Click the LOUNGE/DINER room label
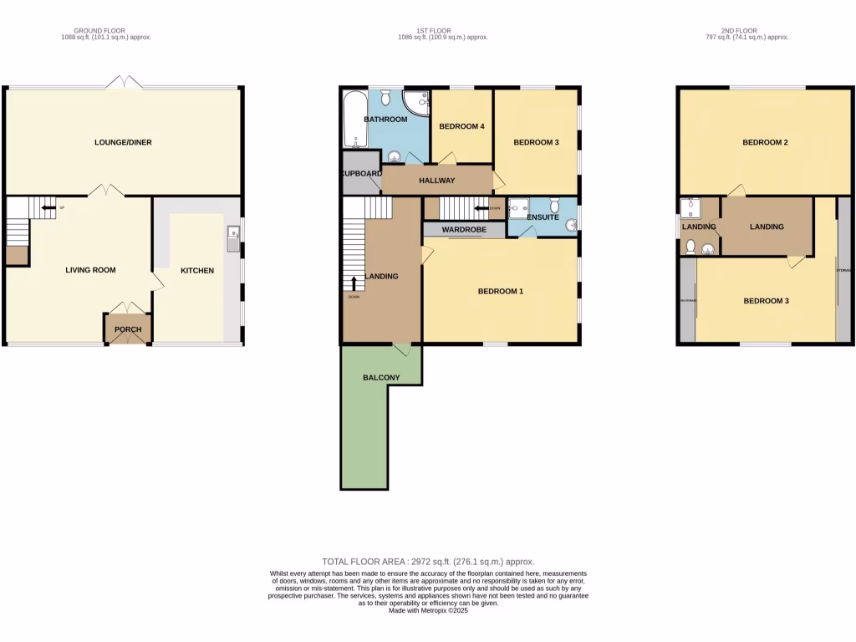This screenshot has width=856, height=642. [x=123, y=142]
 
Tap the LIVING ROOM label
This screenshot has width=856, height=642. [x=91, y=270]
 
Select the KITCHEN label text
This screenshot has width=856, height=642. [x=197, y=271]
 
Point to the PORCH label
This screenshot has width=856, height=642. [x=128, y=329]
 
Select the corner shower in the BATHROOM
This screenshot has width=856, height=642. [x=415, y=103]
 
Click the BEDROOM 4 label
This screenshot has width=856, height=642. [x=462, y=126]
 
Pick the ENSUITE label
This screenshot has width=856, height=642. [x=543, y=217]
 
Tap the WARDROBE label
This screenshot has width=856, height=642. [x=464, y=229]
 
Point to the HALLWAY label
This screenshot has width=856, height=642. [x=436, y=181]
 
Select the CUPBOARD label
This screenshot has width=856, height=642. [x=360, y=174]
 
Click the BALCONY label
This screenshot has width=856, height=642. [x=381, y=378]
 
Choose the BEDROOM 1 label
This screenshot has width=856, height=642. [x=500, y=292]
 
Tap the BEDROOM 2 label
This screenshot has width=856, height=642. [x=765, y=142]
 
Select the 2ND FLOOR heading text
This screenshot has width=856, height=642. [x=736, y=31]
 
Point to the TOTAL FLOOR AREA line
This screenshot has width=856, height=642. [x=428, y=562]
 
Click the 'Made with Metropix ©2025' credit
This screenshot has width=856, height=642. [x=428, y=611]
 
